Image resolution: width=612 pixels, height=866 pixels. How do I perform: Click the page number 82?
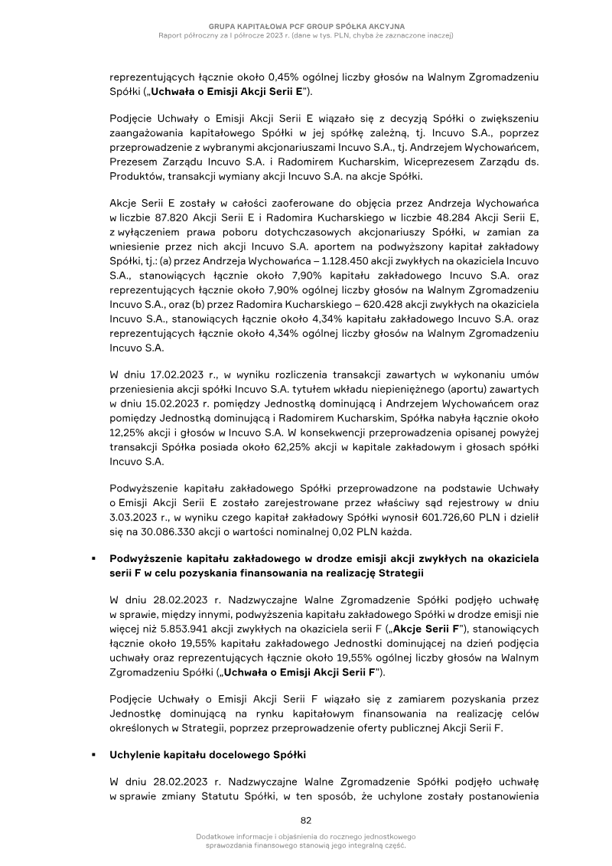pyautogui.click(x=306, y=819)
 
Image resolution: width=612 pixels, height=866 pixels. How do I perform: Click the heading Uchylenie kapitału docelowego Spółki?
pyautogui.click(x=208, y=754)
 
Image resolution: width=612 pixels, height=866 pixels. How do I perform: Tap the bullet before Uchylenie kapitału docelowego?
pyautogui.click(x=93, y=754)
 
